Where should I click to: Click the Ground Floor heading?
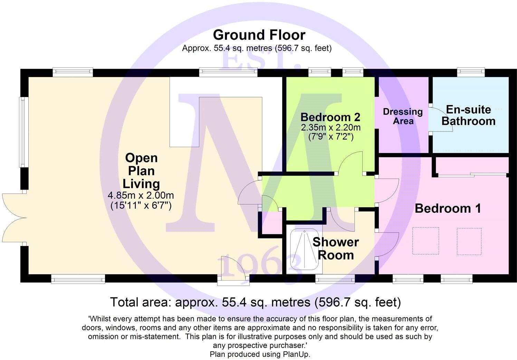coord(259,35)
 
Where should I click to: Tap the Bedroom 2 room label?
coord(331,117)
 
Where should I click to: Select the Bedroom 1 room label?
coord(448,208)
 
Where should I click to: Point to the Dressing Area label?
coord(403,116)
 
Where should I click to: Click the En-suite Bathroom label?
coord(468,115)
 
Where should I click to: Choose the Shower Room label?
coord(336,248)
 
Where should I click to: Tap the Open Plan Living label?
coord(141,171)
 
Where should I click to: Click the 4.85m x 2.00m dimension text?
coord(141,196)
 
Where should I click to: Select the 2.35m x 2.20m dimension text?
coord(331,127)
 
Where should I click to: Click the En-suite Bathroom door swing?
coord(440,119)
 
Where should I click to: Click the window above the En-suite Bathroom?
coord(471,72)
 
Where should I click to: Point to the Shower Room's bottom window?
coord(335,279)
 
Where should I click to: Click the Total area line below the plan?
coord(256,302)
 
